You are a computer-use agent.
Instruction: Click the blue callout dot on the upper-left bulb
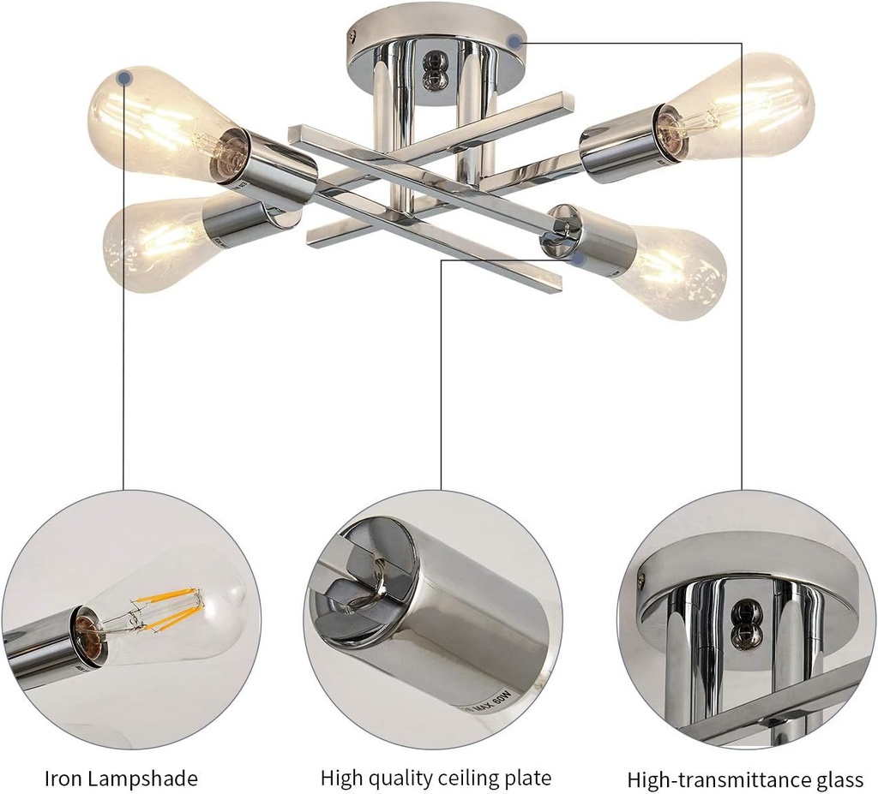tap(125, 78)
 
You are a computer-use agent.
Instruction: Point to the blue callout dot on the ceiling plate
tap(514, 40)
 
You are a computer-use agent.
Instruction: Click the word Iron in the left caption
tap(63, 779)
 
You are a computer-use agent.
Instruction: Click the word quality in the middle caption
tap(399, 779)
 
